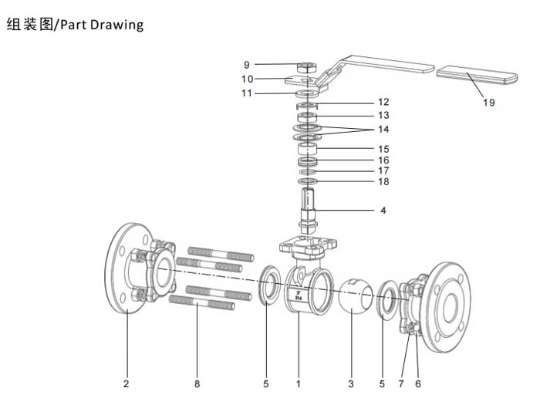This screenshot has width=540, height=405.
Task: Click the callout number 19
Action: tap(489, 103)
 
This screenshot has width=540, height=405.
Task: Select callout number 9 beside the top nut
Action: tap(246, 65)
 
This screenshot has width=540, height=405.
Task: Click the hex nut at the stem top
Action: tap(305, 68)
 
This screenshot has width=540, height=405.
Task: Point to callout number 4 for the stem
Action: tap(383, 210)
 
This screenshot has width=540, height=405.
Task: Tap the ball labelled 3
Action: tap(354, 297)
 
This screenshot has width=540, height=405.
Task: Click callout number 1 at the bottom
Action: tap(298, 382)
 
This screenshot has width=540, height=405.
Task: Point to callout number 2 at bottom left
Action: tap(126, 382)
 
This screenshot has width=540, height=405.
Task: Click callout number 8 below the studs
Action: tap(196, 382)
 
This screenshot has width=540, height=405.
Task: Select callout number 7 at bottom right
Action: tap(400, 382)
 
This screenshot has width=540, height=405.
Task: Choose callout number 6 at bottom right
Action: tap(417, 382)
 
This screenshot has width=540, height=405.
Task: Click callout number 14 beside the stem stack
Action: tap(383, 129)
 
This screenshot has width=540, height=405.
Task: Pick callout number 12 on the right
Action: tap(383, 102)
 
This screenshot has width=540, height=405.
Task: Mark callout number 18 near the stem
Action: tap(383, 181)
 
